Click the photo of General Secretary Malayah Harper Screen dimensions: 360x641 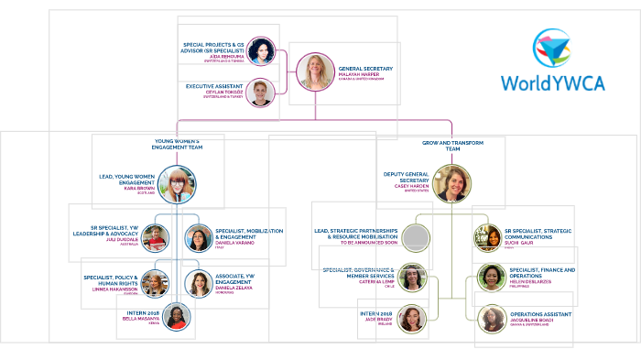click(x=315, y=71)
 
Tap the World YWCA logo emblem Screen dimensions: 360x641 click(x=551, y=47)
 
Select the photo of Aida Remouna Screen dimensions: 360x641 click(x=261, y=51)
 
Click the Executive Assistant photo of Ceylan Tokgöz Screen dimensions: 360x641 click(x=261, y=93)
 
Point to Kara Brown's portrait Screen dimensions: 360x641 click(x=176, y=184)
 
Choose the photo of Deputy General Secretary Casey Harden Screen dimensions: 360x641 click(x=451, y=183)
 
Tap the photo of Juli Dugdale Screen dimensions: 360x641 click(x=155, y=238)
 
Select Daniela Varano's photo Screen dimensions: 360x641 click(x=199, y=239)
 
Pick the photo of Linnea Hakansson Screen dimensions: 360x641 click(x=155, y=284)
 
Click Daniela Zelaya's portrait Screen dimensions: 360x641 click(x=199, y=284)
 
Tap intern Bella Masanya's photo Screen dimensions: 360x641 click(x=177, y=317)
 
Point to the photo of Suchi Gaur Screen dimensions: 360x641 click(x=487, y=238)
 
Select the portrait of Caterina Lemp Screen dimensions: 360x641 click(x=412, y=278)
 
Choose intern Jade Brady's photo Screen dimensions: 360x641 click(x=412, y=318)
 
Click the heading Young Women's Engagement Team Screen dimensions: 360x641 click(x=178, y=144)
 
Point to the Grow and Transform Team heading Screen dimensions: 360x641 click(x=451, y=144)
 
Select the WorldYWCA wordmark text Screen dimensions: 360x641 click(x=551, y=82)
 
